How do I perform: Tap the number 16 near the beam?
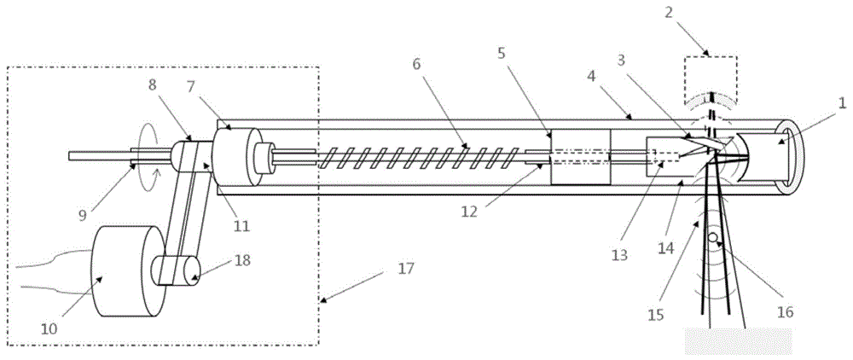click(x=784, y=311)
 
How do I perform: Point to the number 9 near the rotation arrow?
click(x=84, y=216)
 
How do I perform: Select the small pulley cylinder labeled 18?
click(x=174, y=271)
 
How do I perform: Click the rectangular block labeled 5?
click(x=581, y=156)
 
